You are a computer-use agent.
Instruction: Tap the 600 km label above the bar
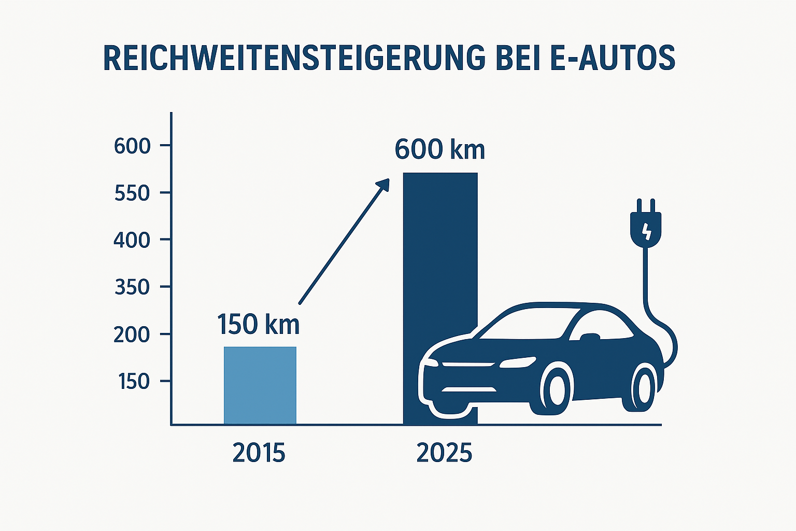click(x=439, y=150)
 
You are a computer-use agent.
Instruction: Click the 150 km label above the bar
click(x=258, y=325)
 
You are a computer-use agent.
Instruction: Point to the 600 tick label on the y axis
click(x=132, y=146)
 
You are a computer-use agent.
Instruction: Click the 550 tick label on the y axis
click(x=132, y=193)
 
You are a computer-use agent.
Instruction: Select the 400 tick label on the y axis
click(x=132, y=240)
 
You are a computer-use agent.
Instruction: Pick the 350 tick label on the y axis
click(x=132, y=287)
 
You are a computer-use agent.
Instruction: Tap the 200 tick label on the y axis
click(x=132, y=335)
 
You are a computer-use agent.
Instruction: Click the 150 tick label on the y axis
click(x=134, y=382)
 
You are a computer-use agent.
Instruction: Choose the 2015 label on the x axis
click(x=259, y=453)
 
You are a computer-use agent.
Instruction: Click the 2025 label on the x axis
click(x=444, y=453)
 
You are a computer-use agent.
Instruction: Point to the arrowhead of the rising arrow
click(x=383, y=184)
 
